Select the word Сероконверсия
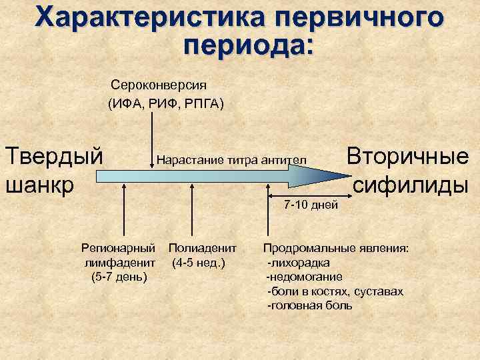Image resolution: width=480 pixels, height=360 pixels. (x=159, y=86)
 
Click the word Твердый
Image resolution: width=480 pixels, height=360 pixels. (x=54, y=157)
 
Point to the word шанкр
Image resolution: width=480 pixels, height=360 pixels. (x=39, y=184)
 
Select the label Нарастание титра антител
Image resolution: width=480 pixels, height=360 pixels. (x=231, y=160)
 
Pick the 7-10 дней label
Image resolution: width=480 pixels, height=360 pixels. (x=311, y=203)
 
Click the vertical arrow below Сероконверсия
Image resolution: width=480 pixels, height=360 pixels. (x=154, y=137)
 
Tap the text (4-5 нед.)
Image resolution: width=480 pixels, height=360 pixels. (x=198, y=262)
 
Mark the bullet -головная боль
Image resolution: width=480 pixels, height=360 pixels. (x=309, y=305)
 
